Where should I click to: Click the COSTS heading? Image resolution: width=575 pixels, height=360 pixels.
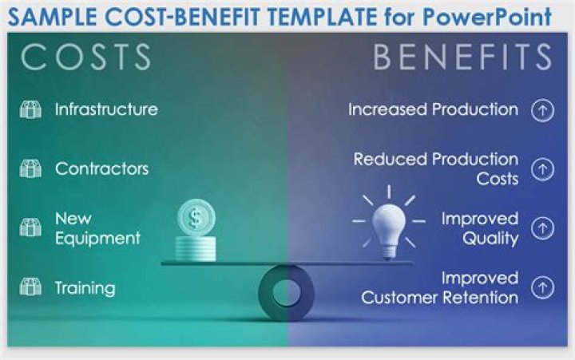pos(86,57)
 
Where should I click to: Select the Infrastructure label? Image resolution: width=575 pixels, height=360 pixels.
pos(105,109)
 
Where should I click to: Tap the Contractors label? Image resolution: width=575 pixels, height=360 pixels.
pos(101,168)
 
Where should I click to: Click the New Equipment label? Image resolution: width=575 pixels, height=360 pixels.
pos(97,228)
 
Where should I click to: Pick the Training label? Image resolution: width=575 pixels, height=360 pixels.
pos(85,287)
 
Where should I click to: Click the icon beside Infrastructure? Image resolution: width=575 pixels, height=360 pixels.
pos(30,110)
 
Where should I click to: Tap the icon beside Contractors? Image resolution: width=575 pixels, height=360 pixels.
pos(30,169)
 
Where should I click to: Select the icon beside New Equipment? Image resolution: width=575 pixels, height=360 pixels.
pos(30,228)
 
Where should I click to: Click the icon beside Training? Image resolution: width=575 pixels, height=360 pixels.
pos(30,287)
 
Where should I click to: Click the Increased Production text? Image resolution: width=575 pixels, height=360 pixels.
pos(433,109)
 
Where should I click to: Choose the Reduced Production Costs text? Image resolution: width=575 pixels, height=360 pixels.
pos(436,168)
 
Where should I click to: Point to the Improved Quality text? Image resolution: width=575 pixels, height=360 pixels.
pos(480,228)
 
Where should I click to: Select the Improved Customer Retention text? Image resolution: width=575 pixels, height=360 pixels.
pos(440,287)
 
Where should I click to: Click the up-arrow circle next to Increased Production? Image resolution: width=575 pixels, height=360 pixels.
pos(543,110)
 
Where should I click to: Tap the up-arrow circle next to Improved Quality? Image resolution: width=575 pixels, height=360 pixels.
pos(543,228)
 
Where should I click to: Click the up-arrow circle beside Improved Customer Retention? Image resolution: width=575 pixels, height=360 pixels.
pos(543,287)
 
